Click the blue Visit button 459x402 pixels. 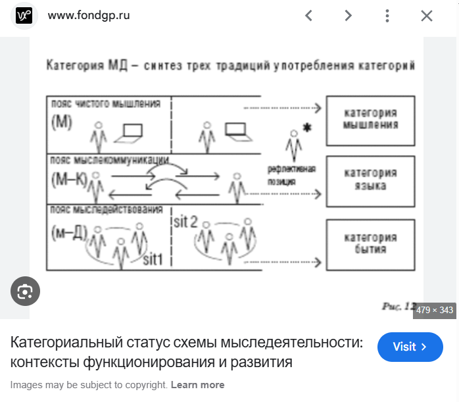click(410, 346)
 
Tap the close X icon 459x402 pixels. click(427, 16)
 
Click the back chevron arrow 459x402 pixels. click(308, 16)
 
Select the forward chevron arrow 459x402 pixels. click(348, 16)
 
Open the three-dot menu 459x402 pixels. click(387, 16)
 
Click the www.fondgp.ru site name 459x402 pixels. click(89, 15)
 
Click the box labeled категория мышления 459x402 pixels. click(370, 120)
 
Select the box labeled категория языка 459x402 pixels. click(370, 179)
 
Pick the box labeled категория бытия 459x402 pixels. click(370, 243)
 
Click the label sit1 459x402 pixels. click(157, 259)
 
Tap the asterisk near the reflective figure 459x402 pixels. click(306, 127)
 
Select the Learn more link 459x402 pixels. click(197, 385)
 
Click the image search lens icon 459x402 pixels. click(25, 291)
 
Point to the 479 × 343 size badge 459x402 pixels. click(435, 310)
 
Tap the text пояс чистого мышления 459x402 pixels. click(105, 103)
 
